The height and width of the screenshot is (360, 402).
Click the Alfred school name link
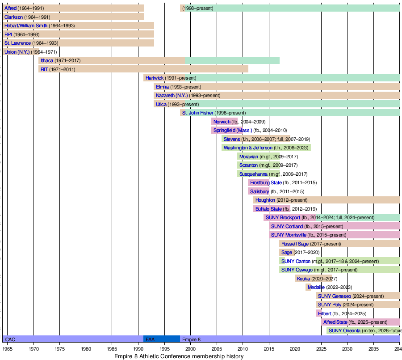point(11,8)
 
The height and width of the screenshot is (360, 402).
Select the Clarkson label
point(13,17)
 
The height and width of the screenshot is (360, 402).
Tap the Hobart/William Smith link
point(26,25)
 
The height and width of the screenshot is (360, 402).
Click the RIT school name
point(44,69)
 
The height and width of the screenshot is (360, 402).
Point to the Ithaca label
point(47,61)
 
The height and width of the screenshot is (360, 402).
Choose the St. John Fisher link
point(198,113)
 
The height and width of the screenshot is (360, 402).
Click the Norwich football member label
point(222,122)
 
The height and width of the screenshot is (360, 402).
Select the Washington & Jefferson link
point(248,148)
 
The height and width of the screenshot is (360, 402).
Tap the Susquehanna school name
point(253,174)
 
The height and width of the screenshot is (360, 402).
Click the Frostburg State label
point(266,182)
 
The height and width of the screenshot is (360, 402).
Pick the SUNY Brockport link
point(283,217)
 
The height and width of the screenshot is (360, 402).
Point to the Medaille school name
point(316,287)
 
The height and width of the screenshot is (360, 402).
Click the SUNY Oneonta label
point(344,330)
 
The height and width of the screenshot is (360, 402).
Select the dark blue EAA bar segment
point(162,339)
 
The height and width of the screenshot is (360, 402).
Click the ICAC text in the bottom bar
point(10,339)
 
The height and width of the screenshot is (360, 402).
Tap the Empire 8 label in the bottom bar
point(191,339)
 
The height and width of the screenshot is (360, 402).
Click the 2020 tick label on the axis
point(295,349)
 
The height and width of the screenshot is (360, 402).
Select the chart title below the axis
point(179,356)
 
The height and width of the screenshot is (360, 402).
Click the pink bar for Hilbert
point(318,313)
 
